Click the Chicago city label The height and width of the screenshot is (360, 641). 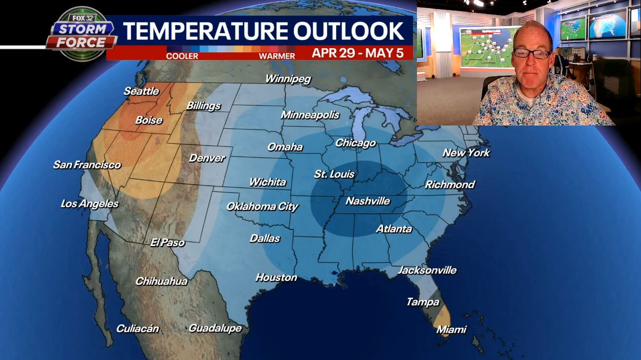[355, 143]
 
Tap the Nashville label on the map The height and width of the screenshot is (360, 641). [368, 201]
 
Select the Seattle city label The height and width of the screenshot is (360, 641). [141, 91]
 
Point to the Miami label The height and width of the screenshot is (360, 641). [451, 330]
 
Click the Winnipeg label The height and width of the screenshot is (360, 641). [288, 79]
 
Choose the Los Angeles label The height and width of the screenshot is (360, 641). [89, 204]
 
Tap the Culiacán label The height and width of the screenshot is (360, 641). [138, 329]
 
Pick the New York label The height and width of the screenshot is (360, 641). [466, 153]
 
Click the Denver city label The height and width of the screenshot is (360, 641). [206, 158]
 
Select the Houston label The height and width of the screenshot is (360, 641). [276, 277]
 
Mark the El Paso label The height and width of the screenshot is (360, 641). [167, 243]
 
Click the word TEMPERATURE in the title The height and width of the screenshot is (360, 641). [206, 31]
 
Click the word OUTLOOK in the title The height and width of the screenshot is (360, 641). [349, 31]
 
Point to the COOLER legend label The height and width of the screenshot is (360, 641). [182, 56]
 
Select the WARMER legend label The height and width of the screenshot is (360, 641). [277, 56]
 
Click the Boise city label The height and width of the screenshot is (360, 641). [149, 121]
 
